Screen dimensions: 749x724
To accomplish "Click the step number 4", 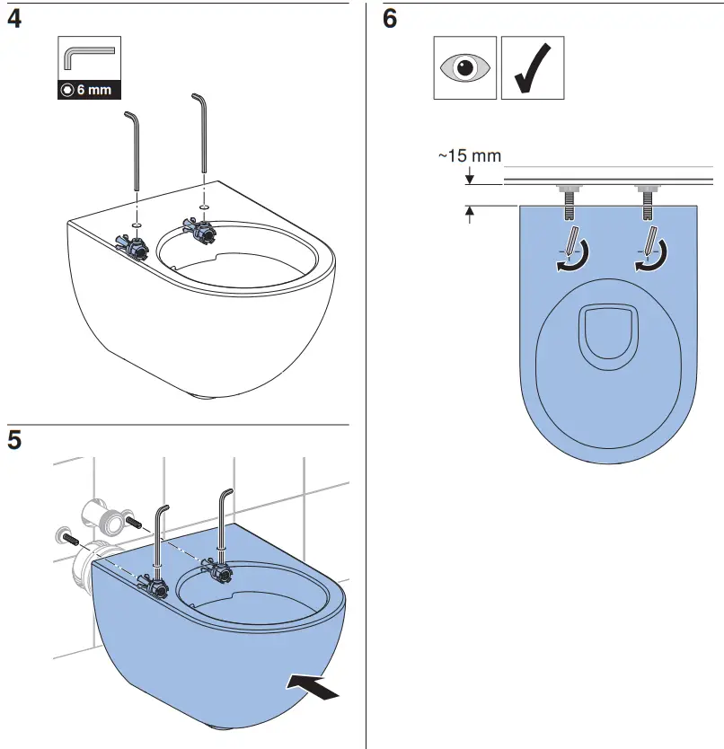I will pos(14,19).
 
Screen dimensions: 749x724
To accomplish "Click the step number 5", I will pos(14,440).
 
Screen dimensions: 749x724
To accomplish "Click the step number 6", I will pos(390,19).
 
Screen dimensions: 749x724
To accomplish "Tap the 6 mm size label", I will pos(89,90).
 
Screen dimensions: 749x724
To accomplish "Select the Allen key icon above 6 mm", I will pos(88,58).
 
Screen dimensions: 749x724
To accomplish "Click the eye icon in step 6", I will pos(464,68).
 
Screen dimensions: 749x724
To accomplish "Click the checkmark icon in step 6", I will pos(533,68).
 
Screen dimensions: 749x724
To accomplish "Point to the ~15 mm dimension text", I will pos(469,155).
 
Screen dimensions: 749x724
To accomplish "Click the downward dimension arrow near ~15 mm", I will pos(470,177).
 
